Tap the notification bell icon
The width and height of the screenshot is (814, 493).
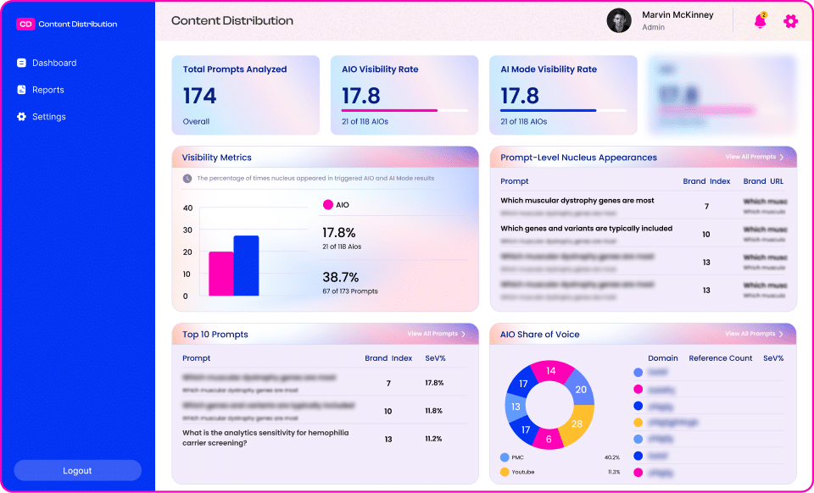760,21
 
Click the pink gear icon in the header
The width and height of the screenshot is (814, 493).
790,21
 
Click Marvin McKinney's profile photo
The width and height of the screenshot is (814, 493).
619,20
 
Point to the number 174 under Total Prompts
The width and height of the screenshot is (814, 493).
200,96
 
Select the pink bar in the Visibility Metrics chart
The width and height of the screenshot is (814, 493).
221,274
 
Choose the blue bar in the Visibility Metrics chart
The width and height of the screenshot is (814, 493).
246,266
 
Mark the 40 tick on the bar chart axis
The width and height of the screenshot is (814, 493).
187,208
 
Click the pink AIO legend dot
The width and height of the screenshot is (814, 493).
328,205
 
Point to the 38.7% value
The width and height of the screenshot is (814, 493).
340,277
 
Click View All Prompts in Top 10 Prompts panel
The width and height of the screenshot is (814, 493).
436,334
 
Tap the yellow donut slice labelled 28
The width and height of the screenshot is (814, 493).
577,423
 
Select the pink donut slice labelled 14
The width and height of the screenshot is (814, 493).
551,371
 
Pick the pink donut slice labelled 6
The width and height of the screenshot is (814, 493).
549,439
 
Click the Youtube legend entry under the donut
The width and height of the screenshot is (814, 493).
522,472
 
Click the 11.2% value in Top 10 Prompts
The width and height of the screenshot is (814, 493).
433,439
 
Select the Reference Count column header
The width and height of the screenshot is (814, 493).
720,358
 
